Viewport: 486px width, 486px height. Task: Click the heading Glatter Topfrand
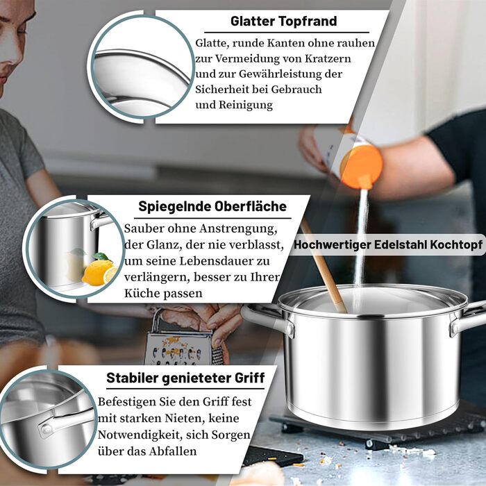pyautogui.click(x=283, y=21)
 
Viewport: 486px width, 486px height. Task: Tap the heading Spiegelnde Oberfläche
pyautogui.click(x=212, y=206)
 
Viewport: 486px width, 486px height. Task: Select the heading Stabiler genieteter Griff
pyautogui.click(x=185, y=378)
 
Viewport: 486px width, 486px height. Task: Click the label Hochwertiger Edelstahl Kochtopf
pyautogui.click(x=388, y=244)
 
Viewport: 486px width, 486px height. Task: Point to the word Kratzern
pyautogui.click(x=328, y=58)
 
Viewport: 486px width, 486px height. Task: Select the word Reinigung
pyautogui.click(x=246, y=105)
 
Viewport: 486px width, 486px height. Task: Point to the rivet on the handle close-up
pyautogui.click(x=47, y=429)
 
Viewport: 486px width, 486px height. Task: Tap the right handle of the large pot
pyautogui.click(x=467, y=319)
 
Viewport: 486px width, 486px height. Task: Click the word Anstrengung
pyautogui.click(x=238, y=228)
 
